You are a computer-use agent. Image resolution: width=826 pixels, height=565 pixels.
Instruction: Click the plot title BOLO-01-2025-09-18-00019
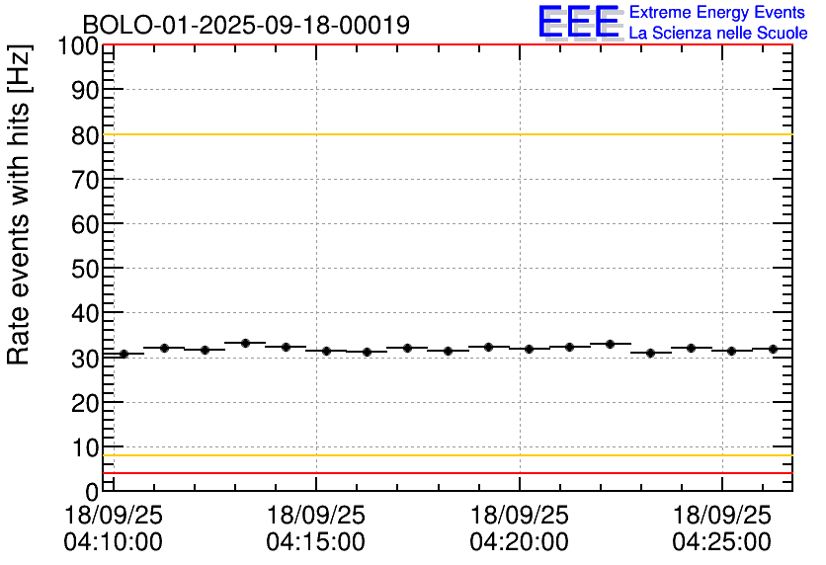pyautogui.click(x=245, y=25)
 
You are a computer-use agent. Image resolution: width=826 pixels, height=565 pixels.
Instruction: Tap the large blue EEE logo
pyautogui.click(x=579, y=22)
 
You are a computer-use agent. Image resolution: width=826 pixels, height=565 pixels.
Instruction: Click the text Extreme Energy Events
pyautogui.click(x=717, y=13)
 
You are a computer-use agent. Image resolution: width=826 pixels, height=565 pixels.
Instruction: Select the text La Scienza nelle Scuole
pyautogui.click(x=717, y=34)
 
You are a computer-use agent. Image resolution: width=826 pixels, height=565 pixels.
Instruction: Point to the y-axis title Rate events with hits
pyautogui.click(x=20, y=204)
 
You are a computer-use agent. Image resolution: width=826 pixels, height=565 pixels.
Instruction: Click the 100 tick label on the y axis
pyautogui.click(x=77, y=46)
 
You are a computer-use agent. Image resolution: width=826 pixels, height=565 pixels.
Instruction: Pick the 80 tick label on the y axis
pyautogui.click(x=85, y=135)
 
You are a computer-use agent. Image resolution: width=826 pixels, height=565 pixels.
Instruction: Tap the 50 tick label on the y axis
pyautogui.click(x=85, y=269)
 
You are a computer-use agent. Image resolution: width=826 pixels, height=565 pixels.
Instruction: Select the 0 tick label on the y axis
pyautogui.click(x=92, y=491)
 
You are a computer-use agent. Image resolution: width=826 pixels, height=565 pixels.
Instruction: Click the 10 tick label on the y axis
pyautogui.click(x=85, y=446)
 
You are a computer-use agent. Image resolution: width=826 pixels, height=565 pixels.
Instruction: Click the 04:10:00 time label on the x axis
pyautogui.click(x=113, y=542)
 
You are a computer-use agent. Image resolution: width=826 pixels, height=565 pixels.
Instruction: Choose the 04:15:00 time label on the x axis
pyautogui.click(x=316, y=542)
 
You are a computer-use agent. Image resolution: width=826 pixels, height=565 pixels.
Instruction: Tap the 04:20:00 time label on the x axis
pyautogui.click(x=520, y=542)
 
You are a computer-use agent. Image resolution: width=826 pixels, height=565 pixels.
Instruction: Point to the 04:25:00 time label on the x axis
pyautogui.click(x=722, y=542)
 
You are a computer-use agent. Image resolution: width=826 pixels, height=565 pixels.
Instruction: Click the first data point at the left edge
pyautogui.click(x=124, y=354)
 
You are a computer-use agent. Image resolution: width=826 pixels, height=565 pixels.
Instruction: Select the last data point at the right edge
pyautogui.click(x=773, y=349)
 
